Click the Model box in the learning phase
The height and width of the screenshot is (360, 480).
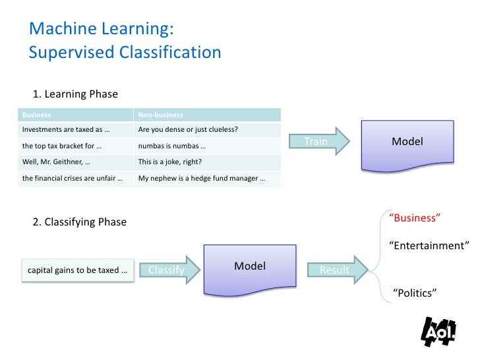coord(407,142)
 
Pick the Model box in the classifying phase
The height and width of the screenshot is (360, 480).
coord(250,268)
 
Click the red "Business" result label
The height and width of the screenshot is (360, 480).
coord(415,218)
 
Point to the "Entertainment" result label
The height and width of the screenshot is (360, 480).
coord(429,245)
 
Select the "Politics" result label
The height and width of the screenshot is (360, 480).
coord(415,293)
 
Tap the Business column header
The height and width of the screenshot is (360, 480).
coord(76,115)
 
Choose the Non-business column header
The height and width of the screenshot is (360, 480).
coord(207,115)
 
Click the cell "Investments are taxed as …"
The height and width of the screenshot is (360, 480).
coord(76,129)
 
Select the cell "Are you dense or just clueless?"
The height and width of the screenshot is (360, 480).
coord(207,129)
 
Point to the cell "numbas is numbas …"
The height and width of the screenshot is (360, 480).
coord(207,146)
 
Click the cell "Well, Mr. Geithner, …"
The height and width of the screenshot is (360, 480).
coord(76,162)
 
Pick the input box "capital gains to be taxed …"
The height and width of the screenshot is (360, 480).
coord(78,270)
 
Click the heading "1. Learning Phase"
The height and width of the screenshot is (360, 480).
coord(75,94)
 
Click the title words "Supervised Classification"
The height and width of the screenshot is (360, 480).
coord(125,52)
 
